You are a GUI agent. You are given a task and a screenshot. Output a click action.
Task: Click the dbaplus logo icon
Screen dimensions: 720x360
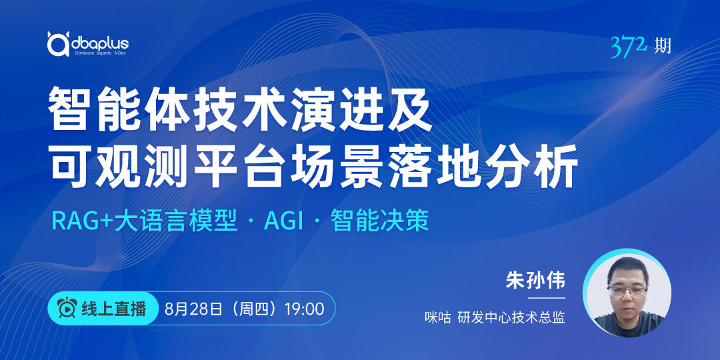coord(58,43)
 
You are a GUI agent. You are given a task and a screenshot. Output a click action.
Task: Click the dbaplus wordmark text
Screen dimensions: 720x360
coord(101,43)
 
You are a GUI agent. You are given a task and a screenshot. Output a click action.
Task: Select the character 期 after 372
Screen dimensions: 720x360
coord(662,46)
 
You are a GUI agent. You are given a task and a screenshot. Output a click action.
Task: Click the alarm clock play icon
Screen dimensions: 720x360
coord(67,308)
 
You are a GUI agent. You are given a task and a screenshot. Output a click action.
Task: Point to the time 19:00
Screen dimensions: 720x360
coord(304,309)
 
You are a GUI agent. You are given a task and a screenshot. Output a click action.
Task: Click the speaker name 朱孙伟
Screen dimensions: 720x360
coord(535,281)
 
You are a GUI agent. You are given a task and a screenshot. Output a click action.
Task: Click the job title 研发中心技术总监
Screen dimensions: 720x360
coord(511,317)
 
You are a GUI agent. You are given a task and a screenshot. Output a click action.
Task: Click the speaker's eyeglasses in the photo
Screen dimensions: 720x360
coord(627,291)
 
